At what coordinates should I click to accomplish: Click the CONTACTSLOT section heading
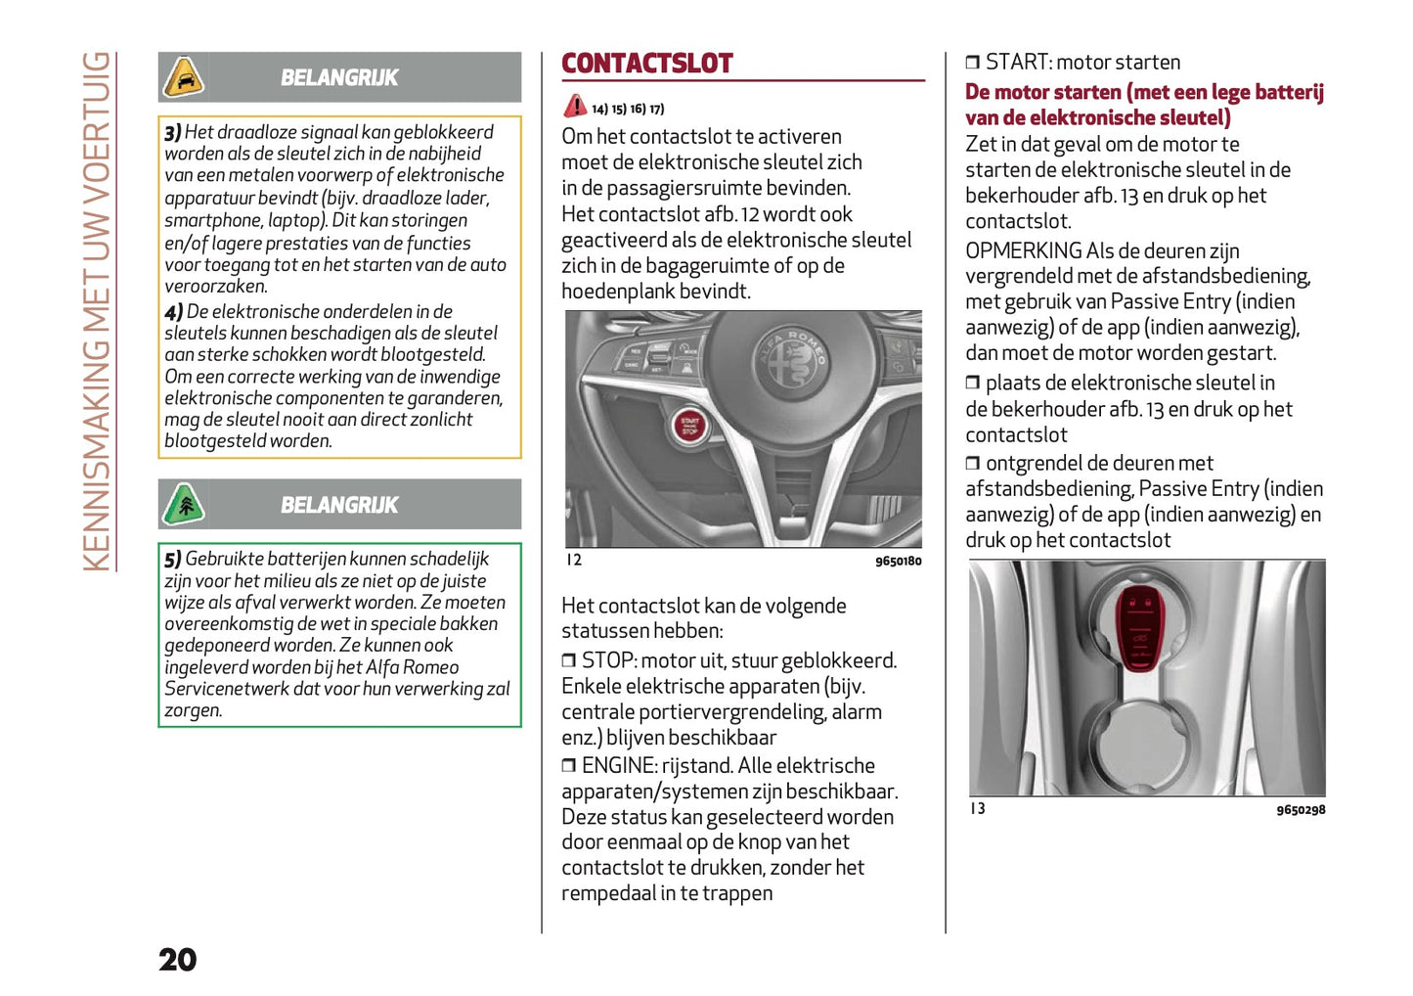click(646, 64)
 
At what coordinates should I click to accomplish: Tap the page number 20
click(178, 960)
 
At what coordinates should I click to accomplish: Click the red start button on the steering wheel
click(690, 426)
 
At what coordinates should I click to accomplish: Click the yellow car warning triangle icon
click(183, 77)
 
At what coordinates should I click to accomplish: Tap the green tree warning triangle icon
click(183, 505)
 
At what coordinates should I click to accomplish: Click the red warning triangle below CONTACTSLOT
click(575, 106)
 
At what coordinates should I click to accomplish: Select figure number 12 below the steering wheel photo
click(574, 560)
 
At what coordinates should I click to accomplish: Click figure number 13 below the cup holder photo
click(978, 808)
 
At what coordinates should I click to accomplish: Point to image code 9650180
click(898, 561)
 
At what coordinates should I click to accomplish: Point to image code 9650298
click(1301, 810)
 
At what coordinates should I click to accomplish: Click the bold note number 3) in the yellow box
click(173, 132)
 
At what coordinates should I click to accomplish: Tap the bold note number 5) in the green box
click(173, 560)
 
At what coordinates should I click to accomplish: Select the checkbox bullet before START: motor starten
click(972, 63)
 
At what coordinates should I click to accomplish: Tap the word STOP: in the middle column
click(608, 660)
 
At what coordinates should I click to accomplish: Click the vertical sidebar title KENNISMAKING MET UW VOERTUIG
click(97, 311)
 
